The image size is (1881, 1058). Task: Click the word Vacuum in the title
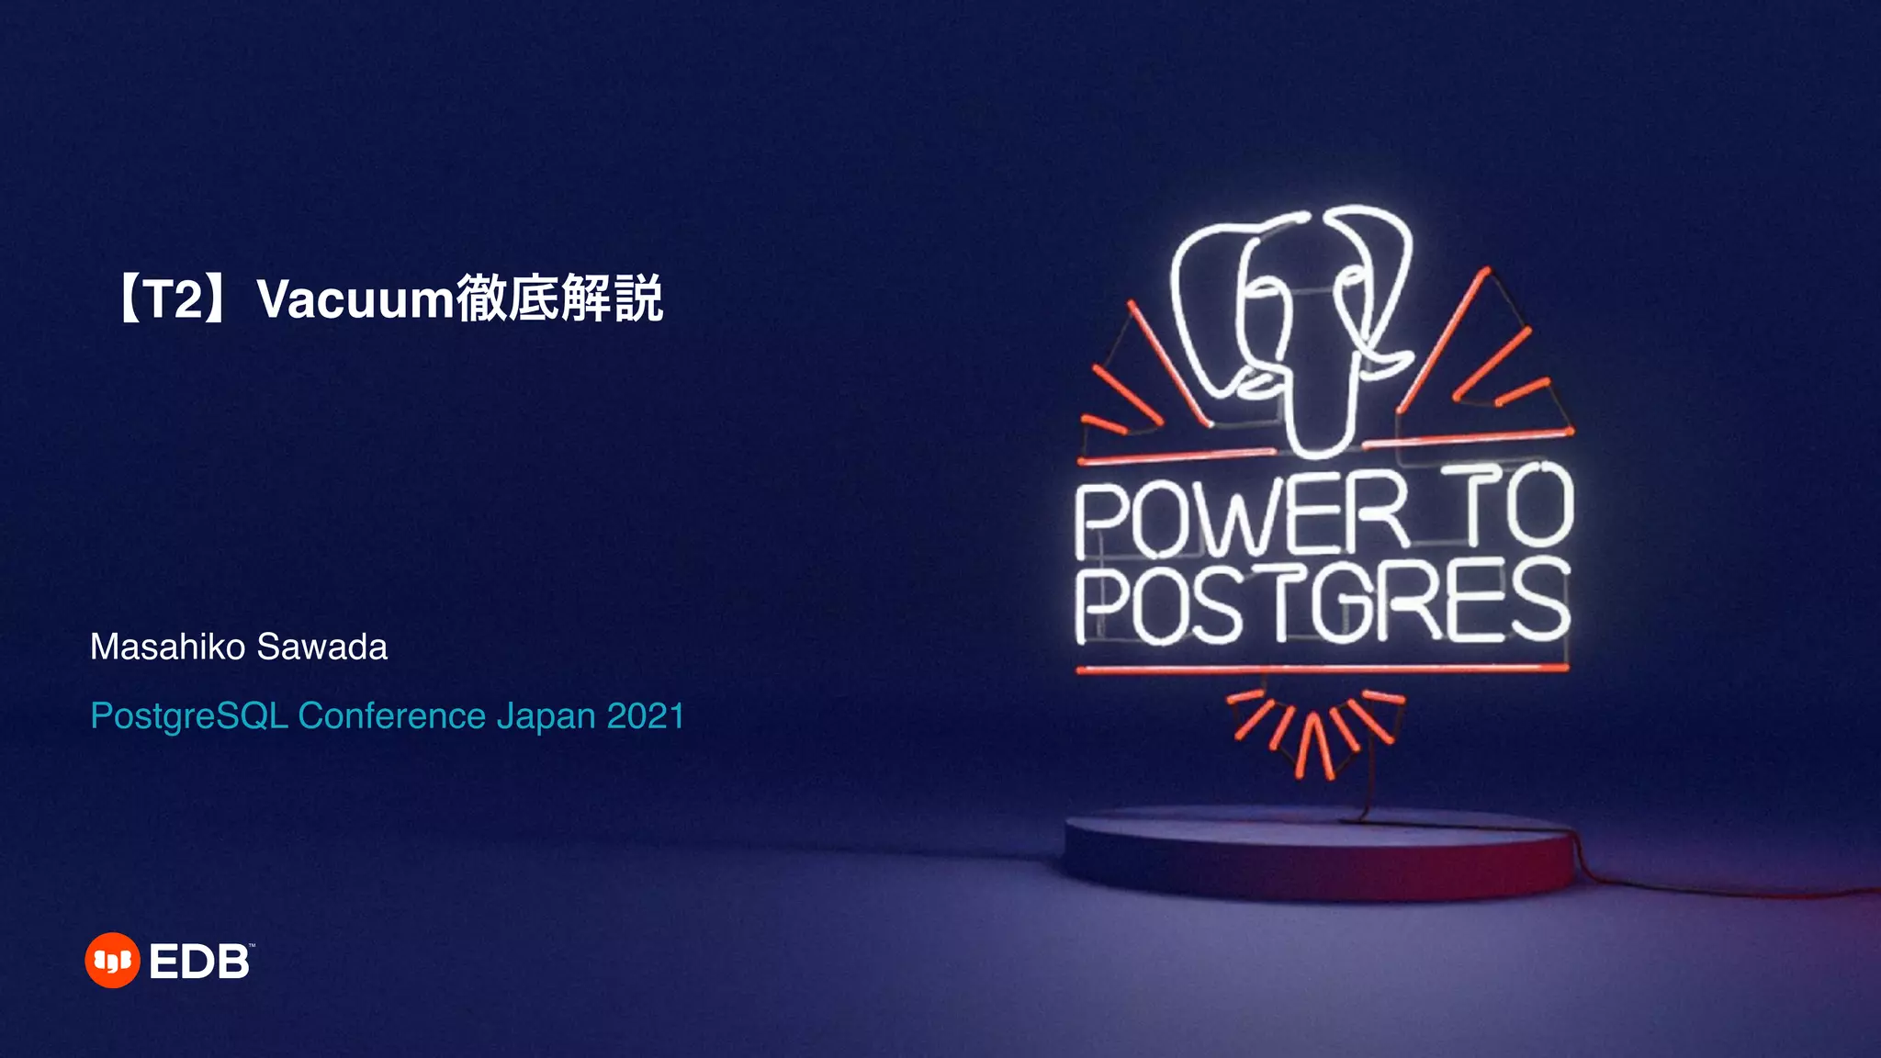[355, 300]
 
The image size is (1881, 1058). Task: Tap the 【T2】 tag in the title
[171, 300]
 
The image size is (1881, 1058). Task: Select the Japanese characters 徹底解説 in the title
[559, 298]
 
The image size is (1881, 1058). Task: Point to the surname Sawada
[322, 647]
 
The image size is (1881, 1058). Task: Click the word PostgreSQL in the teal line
[189, 716]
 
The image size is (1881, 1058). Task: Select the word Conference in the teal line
[392, 715]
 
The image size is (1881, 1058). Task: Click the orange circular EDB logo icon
[112, 961]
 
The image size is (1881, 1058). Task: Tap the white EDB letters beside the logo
[199, 962]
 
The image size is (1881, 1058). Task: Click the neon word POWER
[1240, 519]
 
